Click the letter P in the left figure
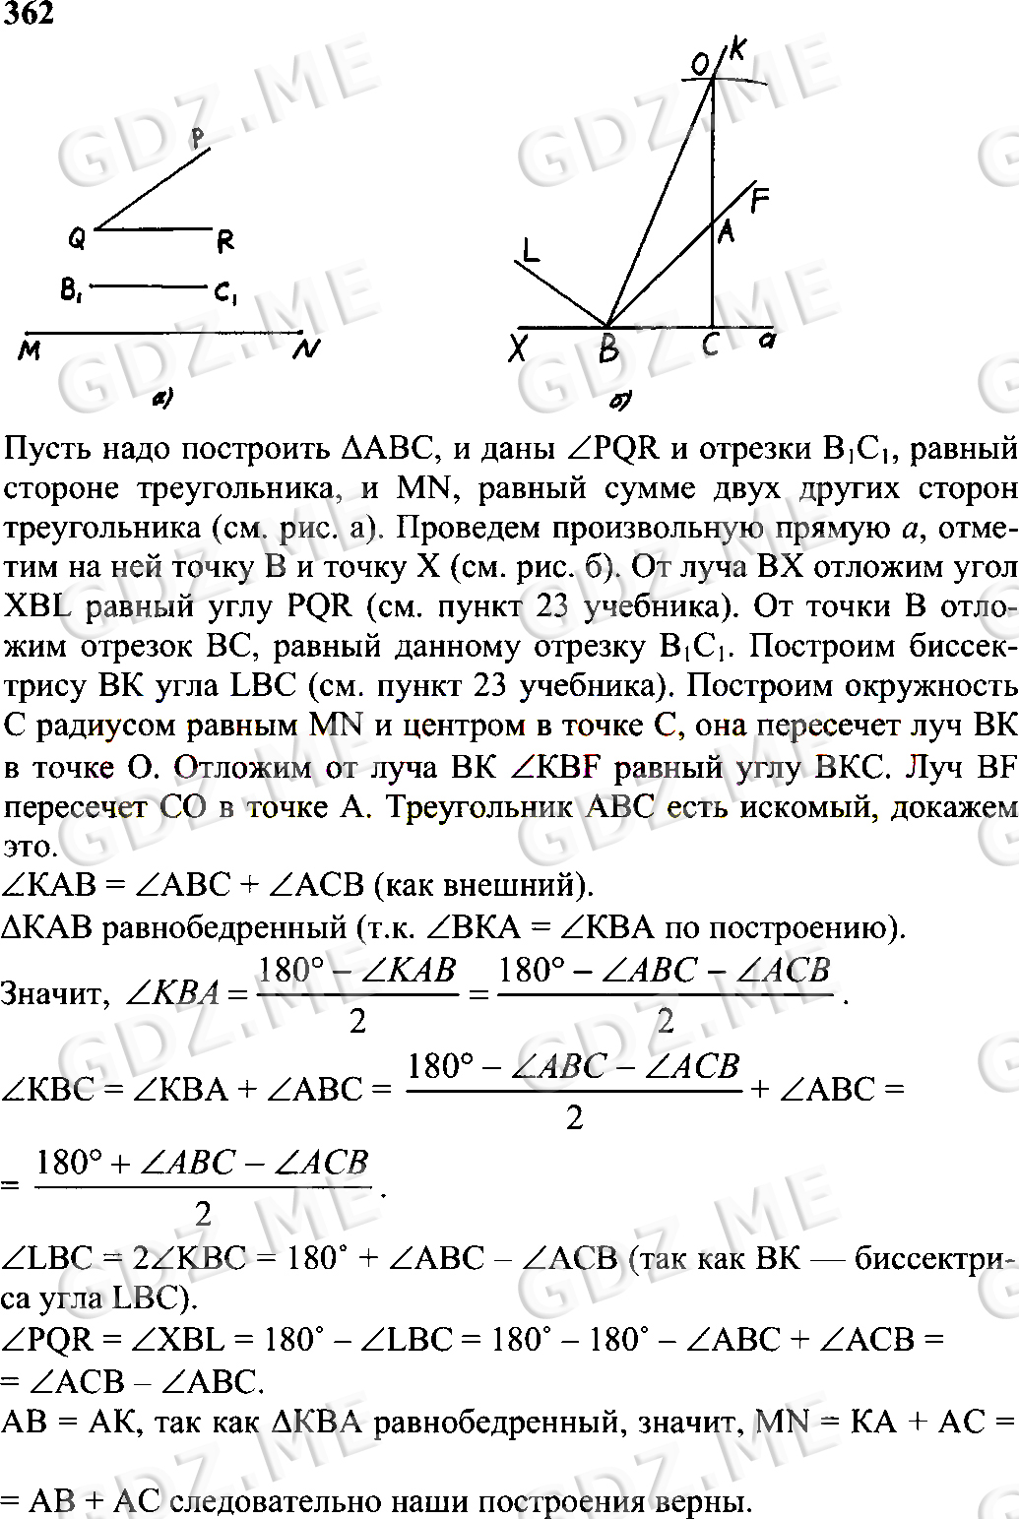point(200,137)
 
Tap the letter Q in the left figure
point(77,237)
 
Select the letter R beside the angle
point(224,240)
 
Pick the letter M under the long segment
point(30,349)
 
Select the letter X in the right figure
point(518,348)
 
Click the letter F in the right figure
point(759,201)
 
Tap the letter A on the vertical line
point(727,232)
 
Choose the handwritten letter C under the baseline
point(710,345)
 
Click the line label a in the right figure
point(768,342)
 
